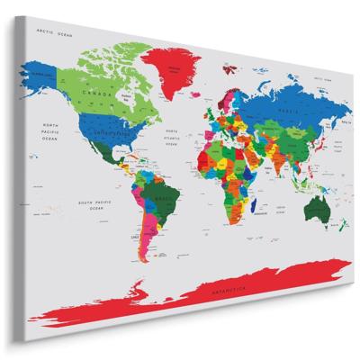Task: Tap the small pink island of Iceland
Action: pos(196,91)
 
